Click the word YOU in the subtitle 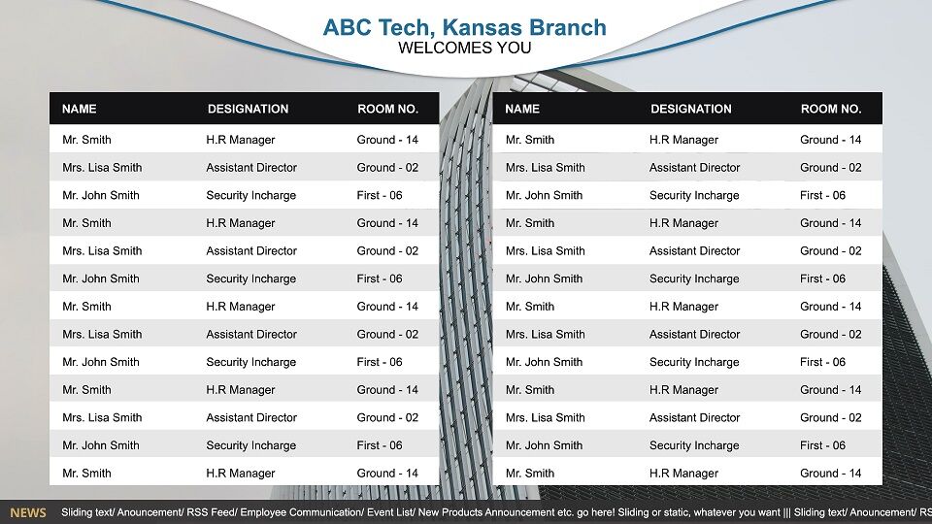point(513,49)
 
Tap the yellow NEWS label point(28,512)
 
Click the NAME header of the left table point(79,109)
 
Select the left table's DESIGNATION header point(248,109)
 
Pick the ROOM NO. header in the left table point(387,109)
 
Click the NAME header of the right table point(522,109)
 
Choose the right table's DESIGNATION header point(691,109)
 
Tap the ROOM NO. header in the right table point(831,109)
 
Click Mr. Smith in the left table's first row point(86,140)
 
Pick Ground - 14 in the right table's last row point(830,474)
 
